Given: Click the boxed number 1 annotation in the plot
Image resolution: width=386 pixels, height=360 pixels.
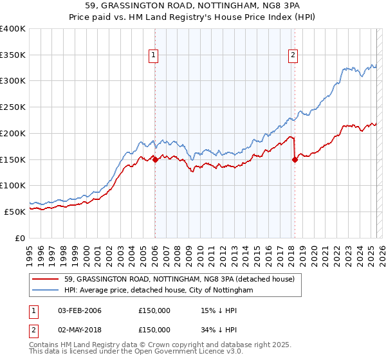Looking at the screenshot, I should (154, 56).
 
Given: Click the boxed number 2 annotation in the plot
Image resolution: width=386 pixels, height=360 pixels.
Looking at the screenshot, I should (293, 56).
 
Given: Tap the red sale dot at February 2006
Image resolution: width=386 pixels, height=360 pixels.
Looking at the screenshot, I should (155, 160).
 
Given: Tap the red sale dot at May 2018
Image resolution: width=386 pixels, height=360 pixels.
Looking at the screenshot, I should (295, 160).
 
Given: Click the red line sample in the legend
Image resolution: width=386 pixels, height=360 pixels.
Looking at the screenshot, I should (46, 279).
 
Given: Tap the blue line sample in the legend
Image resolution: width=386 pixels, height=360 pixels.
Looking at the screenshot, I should (46, 291).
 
